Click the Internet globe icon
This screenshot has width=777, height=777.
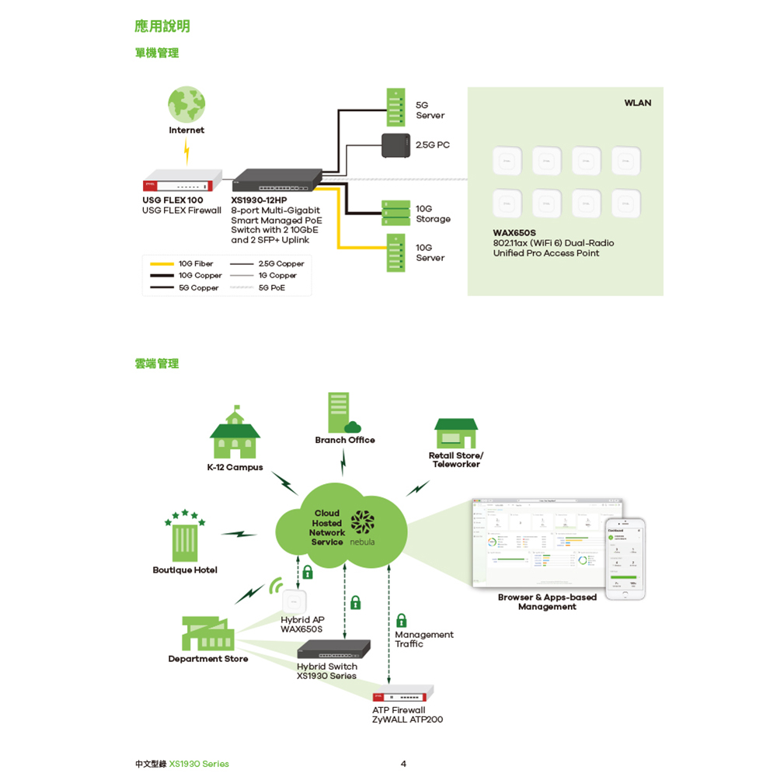(186, 104)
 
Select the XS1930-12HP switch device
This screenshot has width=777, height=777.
(277, 180)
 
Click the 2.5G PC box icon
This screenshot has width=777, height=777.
(396, 145)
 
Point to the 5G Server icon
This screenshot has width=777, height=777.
(396, 106)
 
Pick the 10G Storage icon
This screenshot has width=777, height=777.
(396, 213)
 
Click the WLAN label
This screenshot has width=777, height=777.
(637, 103)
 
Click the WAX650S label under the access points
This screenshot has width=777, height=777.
(514, 232)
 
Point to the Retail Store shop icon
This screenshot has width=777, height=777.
(456, 434)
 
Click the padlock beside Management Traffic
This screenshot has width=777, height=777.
(401, 620)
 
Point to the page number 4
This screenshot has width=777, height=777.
(403, 764)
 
